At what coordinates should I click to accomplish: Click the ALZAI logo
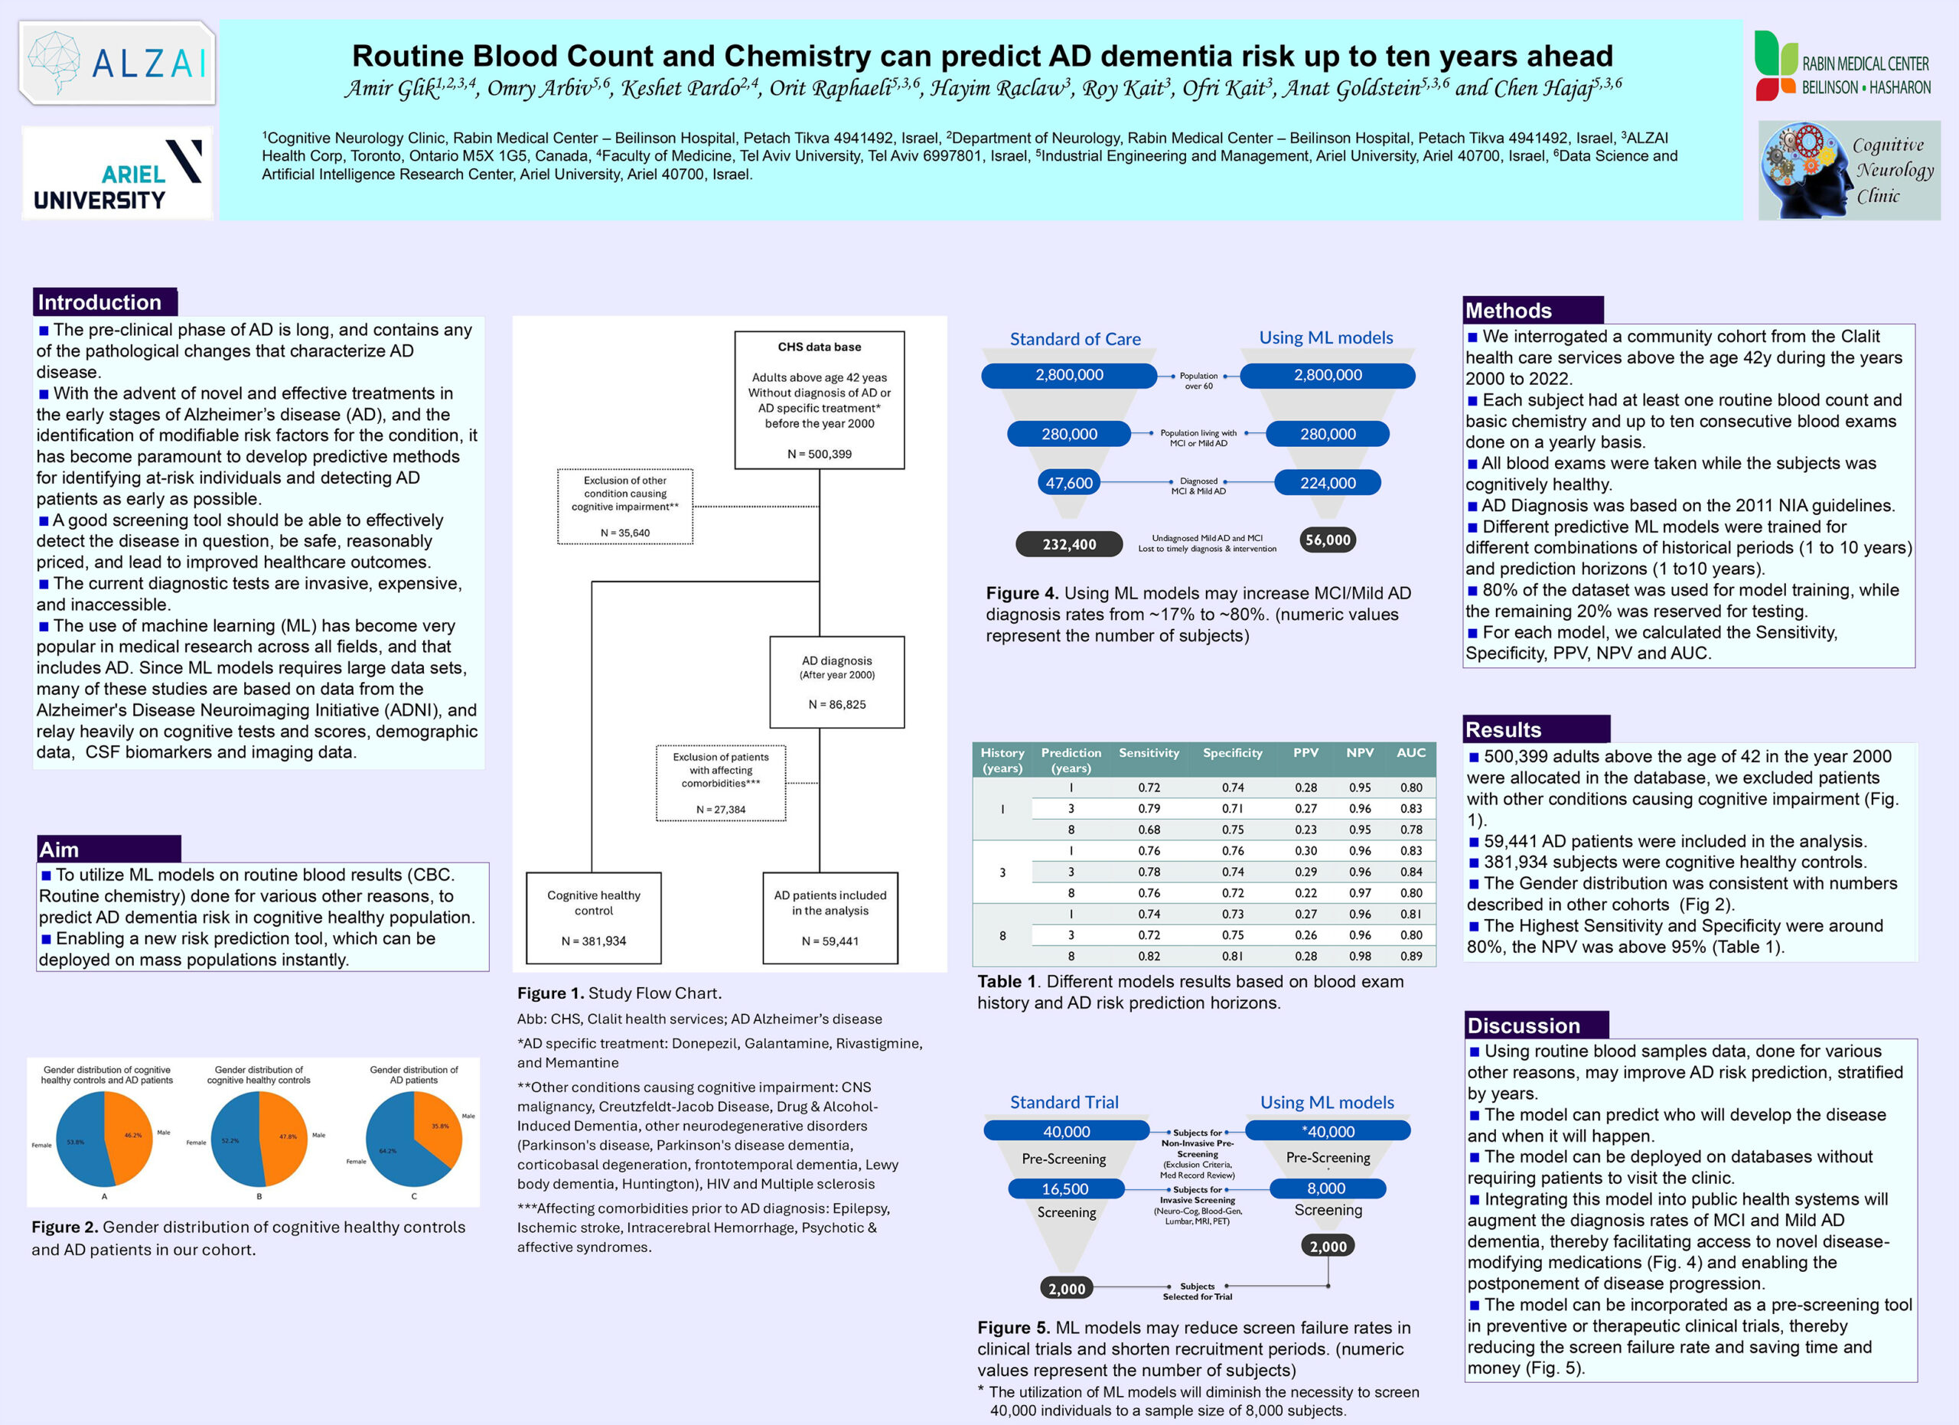tap(116, 63)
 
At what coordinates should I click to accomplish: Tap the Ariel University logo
tap(116, 173)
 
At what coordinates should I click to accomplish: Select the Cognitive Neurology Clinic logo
tap(1849, 169)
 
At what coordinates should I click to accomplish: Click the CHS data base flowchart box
tap(819, 399)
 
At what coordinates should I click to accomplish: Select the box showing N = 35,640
tap(624, 506)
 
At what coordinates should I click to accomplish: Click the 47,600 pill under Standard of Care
tap(1068, 483)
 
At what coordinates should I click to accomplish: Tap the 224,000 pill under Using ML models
tap(1328, 483)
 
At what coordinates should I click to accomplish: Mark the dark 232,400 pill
tap(1068, 544)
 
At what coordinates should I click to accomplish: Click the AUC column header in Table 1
tap(1410, 753)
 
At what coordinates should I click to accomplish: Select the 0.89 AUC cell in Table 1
tap(1410, 956)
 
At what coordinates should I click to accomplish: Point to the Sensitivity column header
tap(1148, 753)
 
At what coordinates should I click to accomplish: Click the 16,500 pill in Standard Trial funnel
tap(1065, 1189)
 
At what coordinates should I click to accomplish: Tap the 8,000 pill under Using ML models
tap(1326, 1189)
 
